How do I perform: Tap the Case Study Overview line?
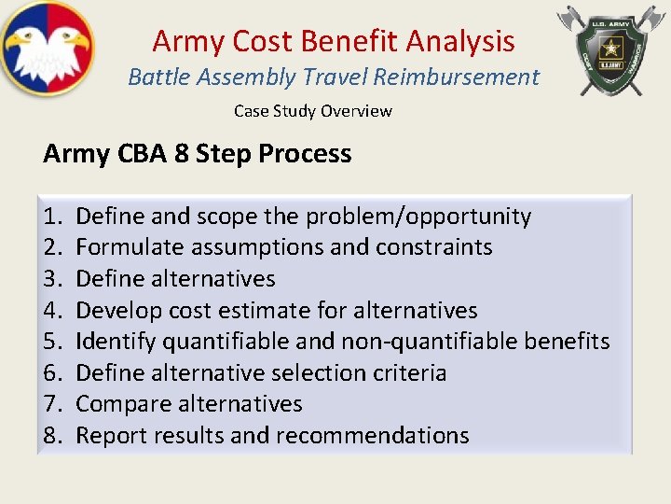[x=312, y=111]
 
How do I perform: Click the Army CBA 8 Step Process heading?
[x=197, y=153]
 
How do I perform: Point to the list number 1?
[x=51, y=217]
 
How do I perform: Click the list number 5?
[x=51, y=342]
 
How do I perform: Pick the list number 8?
[x=51, y=436]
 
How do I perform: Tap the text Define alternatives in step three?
[x=175, y=279]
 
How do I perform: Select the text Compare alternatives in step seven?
[x=188, y=404]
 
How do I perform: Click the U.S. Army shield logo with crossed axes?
[x=610, y=49]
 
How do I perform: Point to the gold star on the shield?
[x=610, y=47]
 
